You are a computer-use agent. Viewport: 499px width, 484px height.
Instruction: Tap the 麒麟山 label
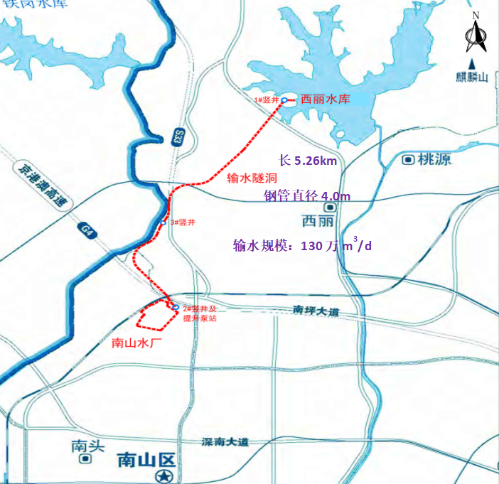[x=474, y=77]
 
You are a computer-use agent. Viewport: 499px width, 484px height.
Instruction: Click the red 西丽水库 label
[x=326, y=100]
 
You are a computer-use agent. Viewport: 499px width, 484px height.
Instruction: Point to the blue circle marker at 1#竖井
[x=284, y=101]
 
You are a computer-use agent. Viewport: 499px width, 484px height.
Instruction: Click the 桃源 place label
[x=434, y=159]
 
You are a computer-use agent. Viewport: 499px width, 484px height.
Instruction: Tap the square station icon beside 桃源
[x=408, y=159]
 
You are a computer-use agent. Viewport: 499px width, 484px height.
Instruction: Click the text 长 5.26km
[x=308, y=161]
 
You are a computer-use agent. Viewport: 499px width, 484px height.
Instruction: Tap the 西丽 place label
[x=317, y=220]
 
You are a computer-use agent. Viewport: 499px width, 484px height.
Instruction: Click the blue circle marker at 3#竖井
[x=163, y=222]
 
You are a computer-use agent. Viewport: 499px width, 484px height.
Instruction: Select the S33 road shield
[x=176, y=135]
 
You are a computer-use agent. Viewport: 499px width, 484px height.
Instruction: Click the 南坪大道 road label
[x=316, y=311]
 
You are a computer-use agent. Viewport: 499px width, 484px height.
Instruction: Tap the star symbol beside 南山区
[x=166, y=474]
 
